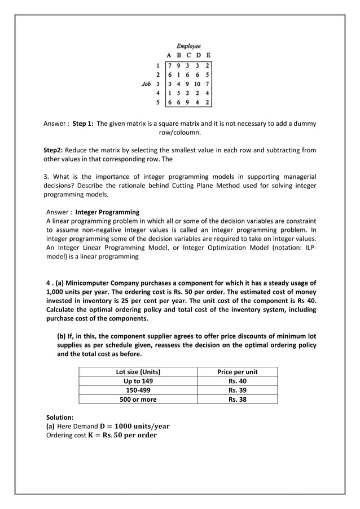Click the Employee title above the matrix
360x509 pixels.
188,46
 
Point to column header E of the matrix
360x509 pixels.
208,55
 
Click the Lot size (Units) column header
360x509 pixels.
138,371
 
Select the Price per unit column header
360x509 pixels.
238,371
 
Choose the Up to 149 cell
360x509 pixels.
138,381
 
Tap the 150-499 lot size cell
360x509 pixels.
138,390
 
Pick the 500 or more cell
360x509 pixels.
138,399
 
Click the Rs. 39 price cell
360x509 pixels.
238,390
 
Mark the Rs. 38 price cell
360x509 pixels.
238,399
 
